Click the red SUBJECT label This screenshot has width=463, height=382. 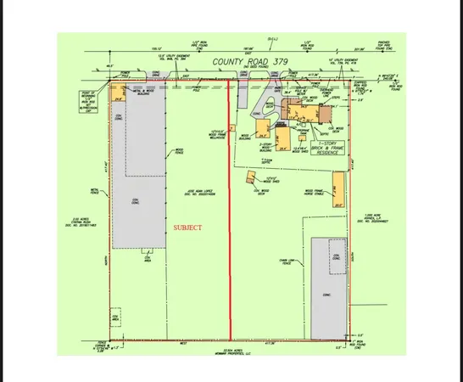tap(188, 228)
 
